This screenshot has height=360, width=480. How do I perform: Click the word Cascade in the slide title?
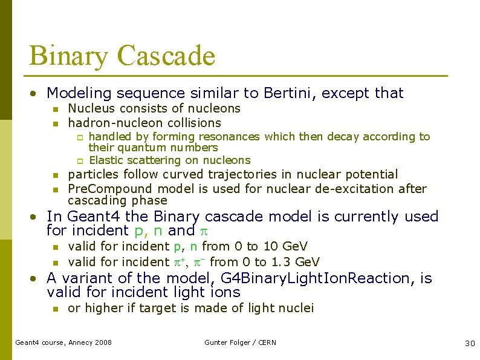(x=166, y=56)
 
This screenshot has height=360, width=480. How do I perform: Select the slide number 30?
(x=470, y=343)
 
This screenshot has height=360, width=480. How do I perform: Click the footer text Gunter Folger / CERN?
(x=240, y=342)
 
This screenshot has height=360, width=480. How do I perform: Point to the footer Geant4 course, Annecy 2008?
(x=63, y=342)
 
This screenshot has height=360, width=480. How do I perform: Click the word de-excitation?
(x=346, y=188)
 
